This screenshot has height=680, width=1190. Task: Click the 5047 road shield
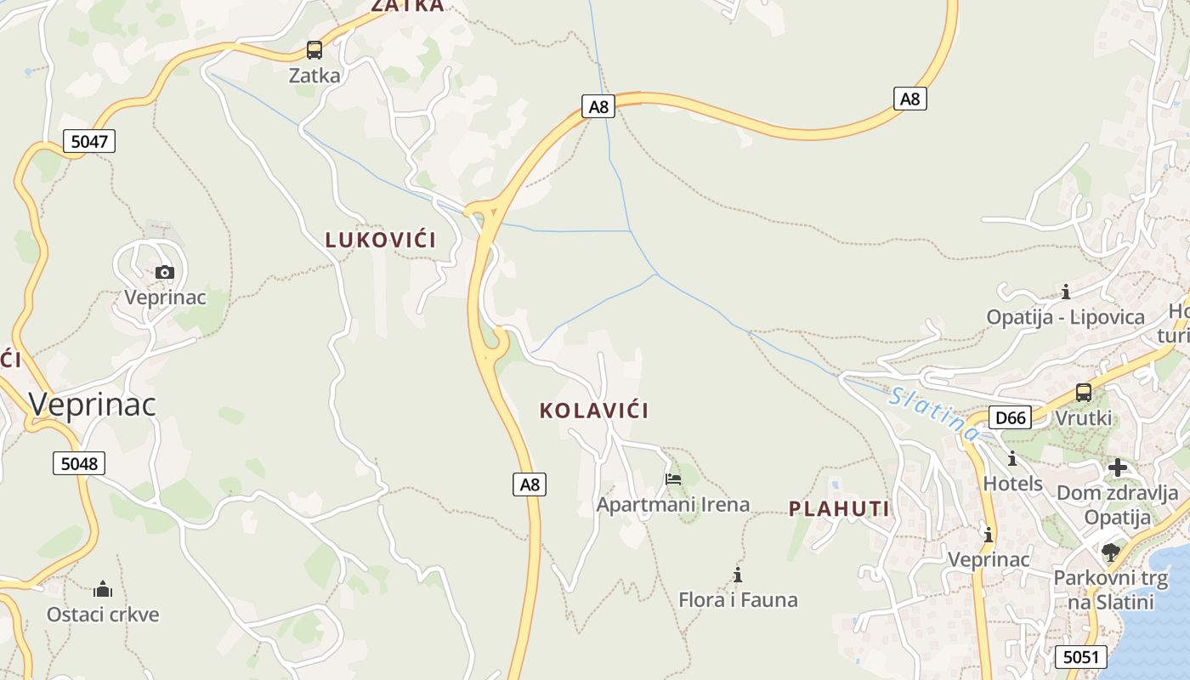pos(88,141)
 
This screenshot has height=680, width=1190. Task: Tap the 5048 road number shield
pos(80,463)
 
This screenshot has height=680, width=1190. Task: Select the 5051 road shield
pos(1081,656)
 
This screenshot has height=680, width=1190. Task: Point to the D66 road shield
pos(1011,417)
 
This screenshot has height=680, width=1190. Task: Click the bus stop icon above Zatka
pos(314,50)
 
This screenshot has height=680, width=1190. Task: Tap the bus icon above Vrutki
pos(1084,393)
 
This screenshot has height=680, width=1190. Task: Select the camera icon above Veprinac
pos(165,273)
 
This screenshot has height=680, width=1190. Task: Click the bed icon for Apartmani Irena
pos(673,479)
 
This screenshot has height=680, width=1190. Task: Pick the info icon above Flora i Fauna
pos(738,575)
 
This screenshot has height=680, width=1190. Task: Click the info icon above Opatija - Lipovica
pos(1065,292)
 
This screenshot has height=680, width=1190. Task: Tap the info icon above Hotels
pos(1012,459)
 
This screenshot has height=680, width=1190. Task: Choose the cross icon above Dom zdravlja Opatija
pos(1117,467)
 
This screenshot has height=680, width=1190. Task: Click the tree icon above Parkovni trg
pos(1110,552)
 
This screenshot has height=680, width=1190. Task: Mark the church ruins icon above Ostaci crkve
pos(103,589)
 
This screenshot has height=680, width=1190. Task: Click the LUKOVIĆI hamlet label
pos(381,241)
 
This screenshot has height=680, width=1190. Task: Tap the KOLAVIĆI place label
pos(593,411)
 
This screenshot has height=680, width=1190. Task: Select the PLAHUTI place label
pos(839,509)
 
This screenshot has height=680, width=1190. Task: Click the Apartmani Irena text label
pos(673,504)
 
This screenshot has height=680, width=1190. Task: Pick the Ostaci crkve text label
pos(103,614)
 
